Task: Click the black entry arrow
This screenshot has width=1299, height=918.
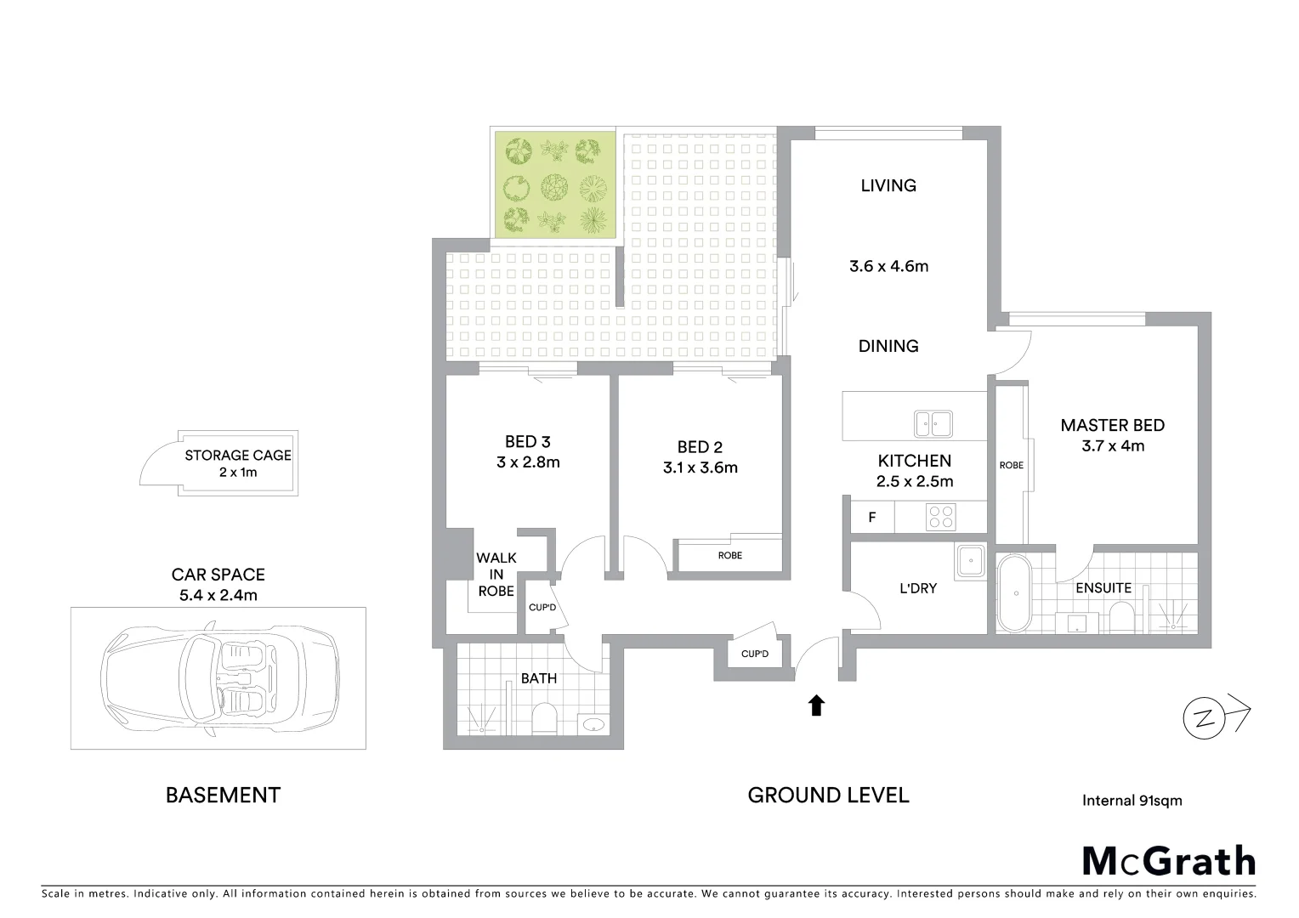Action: pos(816,705)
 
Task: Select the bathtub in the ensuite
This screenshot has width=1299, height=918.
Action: pos(1013,593)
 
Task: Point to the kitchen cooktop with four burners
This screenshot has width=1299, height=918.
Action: pos(940,516)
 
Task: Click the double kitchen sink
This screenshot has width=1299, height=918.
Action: pos(933,422)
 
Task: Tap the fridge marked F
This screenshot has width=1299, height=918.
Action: pos(872,517)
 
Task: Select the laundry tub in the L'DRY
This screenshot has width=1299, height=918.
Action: pos(969,562)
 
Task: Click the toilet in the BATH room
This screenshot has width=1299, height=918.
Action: pos(542,719)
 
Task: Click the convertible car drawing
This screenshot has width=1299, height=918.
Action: pos(219,677)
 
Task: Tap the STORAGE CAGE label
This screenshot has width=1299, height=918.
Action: pos(238,456)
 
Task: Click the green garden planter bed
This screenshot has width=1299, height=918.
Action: pos(554,185)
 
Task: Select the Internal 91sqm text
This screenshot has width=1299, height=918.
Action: pos(1132,800)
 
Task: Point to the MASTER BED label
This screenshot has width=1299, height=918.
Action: pos(1112,426)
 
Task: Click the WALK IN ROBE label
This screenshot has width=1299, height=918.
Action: pos(496,575)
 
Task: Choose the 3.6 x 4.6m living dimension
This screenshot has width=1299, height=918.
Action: pos(888,266)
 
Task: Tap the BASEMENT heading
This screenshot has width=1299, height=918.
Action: pos(223,796)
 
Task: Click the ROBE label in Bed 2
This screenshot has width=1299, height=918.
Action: pos(729,555)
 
